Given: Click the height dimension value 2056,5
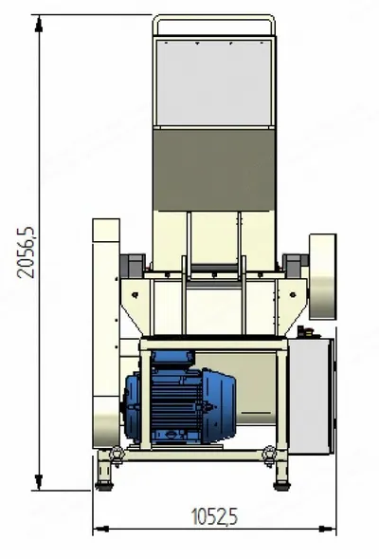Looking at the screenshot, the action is click(26, 252).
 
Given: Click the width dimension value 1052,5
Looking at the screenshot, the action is click(214, 516).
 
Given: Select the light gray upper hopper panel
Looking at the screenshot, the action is click(214, 83).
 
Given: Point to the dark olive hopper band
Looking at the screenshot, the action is click(214, 170).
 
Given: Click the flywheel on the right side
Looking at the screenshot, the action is click(322, 276).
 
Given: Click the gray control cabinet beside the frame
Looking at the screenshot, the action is click(311, 396).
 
